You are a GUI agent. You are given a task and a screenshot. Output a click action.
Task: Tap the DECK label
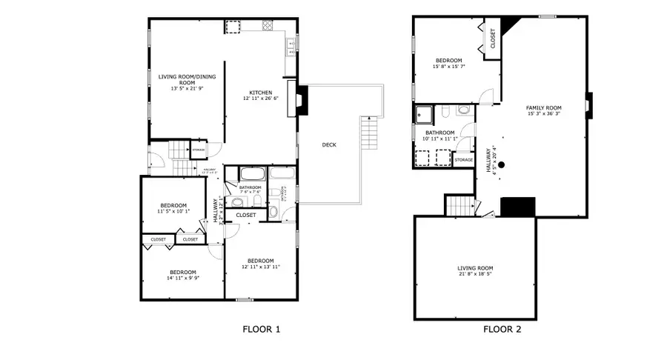(329, 144)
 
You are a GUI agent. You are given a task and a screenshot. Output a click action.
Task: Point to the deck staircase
(368, 133)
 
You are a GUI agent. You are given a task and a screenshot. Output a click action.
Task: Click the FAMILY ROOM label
(544, 107)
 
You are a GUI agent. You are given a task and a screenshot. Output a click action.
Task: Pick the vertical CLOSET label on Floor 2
(494, 39)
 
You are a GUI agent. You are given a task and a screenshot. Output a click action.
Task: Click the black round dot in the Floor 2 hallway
(502, 164)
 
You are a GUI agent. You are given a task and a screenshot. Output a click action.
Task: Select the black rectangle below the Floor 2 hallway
(518, 207)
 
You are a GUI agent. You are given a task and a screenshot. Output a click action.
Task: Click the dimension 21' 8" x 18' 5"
(474, 275)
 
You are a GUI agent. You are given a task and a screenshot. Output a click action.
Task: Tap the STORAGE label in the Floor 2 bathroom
(464, 160)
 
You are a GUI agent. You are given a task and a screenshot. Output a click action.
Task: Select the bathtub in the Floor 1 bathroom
(252, 175)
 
